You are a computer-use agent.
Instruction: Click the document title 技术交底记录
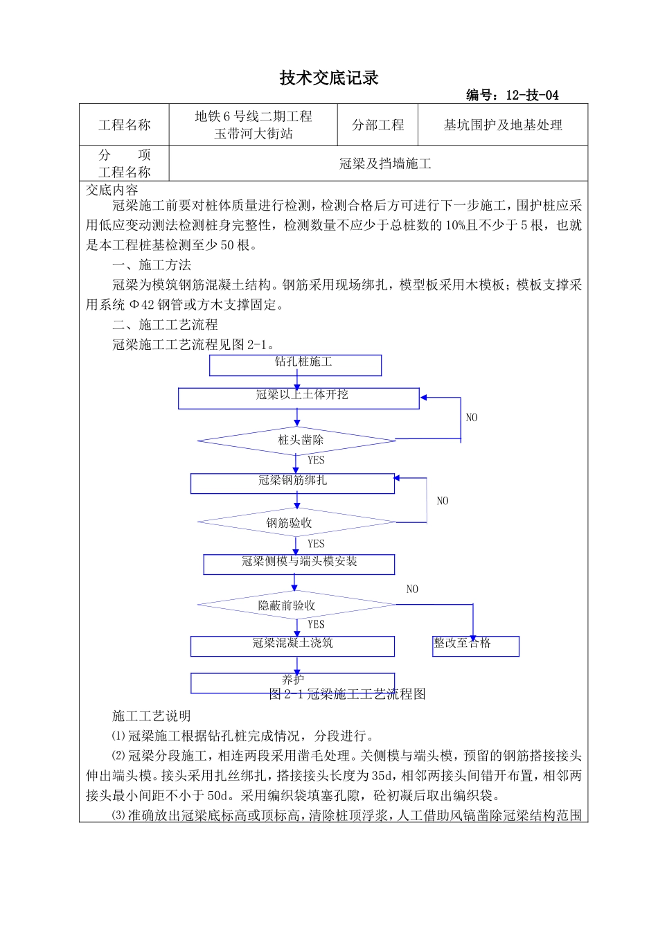tap(329, 78)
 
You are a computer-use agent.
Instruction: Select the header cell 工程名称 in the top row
tap(125, 125)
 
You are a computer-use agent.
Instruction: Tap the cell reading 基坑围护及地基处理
tap(503, 125)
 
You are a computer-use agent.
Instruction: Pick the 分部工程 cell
tap(377, 125)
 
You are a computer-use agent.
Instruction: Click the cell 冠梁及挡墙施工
tap(385, 164)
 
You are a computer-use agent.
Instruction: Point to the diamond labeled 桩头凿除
tap(297, 441)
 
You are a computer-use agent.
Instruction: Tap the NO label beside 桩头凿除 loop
tap(472, 418)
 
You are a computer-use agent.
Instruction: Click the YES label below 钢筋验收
tap(316, 544)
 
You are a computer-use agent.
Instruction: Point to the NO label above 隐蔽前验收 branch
tap(412, 589)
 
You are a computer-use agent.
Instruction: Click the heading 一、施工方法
tap(152, 265)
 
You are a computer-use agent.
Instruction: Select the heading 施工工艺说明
tap(152, 716)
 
